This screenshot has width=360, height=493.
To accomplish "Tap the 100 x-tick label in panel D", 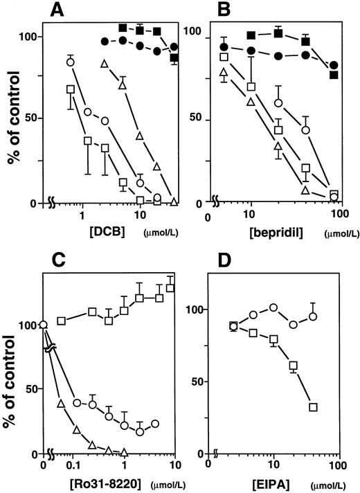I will click(337, 464).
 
